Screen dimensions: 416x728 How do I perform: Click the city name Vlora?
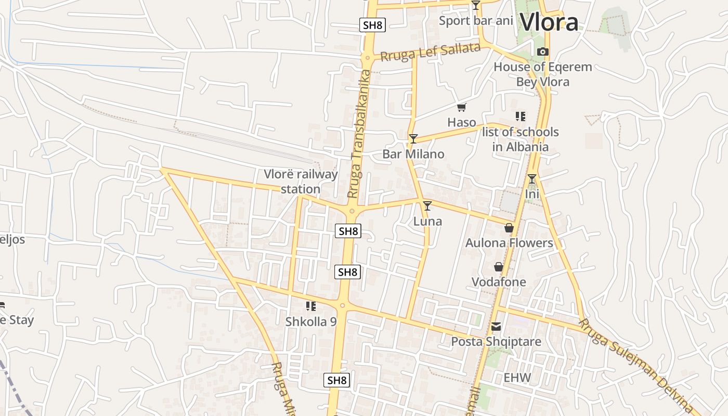pos(549,22)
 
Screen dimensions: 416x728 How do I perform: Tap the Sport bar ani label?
pos(476,21)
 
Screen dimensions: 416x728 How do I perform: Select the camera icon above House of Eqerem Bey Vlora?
pos(542,51)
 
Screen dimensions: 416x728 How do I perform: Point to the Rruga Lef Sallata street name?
pos(430,52)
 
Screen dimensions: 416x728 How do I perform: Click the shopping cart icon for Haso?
pos(461,108)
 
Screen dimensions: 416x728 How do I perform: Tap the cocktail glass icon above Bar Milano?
pos(413,138)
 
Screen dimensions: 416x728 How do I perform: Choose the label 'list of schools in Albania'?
pos(520,139)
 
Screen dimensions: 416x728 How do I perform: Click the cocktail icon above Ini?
pos(531,179)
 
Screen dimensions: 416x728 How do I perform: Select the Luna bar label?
pos(427,221)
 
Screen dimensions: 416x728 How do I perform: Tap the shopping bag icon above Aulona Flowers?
pos(509,228)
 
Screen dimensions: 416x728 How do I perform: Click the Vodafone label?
pos(499,282)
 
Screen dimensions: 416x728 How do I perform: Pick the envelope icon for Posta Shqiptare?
pos(496,327)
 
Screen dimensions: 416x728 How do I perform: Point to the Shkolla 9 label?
pos(311,321)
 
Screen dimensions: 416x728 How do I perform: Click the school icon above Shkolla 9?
pos(311,306)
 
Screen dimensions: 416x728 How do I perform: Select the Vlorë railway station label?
pos(301,181)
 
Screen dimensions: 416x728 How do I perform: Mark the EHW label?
pos(517,378)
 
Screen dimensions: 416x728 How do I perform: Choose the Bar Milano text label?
pos(413,154)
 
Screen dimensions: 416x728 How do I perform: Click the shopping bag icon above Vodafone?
pos(499,267)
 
